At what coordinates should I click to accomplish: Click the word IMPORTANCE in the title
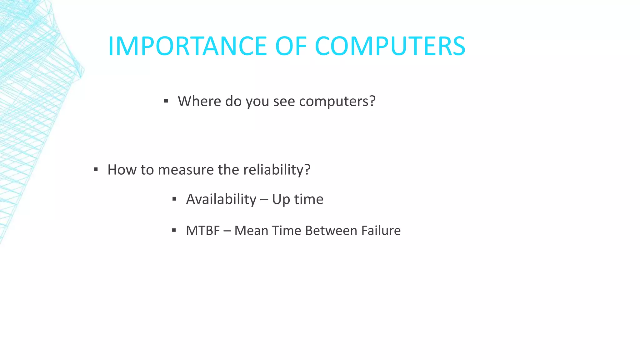click(x=187, y=46)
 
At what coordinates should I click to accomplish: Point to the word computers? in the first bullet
click(x=337, y=101)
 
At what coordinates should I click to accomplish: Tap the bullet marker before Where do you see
click(x=166, y=101)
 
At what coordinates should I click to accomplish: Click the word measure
click(x=186, y=170)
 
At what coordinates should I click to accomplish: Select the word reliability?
click(x=277, y=170)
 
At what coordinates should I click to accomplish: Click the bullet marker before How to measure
click(x=96, y=170)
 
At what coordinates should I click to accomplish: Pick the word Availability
click(x=221, y=199)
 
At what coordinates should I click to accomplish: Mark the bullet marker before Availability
click(x=174, y=199)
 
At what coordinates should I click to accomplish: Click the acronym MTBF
click(x=203, y=231)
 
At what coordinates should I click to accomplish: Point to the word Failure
click(x=381, y=231)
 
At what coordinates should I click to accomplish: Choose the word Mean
click(x=251, y=231)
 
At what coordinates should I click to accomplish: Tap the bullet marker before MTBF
click(x=174, y=231)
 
